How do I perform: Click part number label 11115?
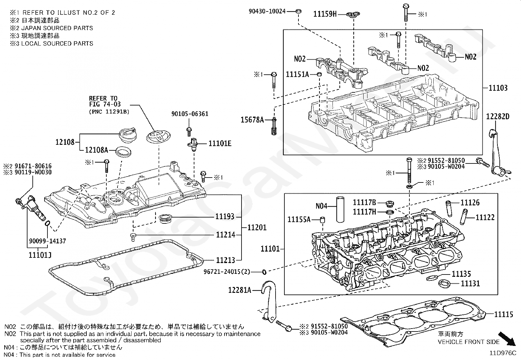[504, 314]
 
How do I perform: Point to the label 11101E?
[220, 143]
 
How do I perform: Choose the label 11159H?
[325, 14]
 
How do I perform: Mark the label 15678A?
[252, 120]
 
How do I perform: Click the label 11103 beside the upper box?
[498, 88]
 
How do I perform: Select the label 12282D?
[497, 117]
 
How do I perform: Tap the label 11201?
[257, 227]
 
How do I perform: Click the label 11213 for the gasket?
[225, 260]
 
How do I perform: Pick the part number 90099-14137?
[48, 241]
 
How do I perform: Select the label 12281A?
[240, 290]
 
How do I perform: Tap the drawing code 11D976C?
[503, 353]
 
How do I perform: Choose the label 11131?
[470, 283]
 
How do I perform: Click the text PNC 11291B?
[109, 112]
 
